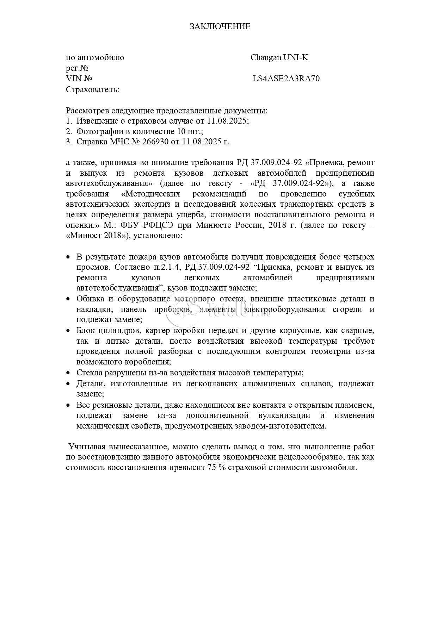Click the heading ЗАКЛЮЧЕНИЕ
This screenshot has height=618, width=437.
[x=220, y=26]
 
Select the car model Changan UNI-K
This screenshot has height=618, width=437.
[x=279, y=58]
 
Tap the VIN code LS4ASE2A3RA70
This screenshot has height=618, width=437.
[x=286, y=79]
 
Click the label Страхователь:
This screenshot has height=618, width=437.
[x=92, y=89]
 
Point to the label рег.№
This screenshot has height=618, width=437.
[x=77, y=68]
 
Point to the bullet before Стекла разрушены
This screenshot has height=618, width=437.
[x=69, y=373]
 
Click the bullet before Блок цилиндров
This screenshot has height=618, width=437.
[x=69, y=331]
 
